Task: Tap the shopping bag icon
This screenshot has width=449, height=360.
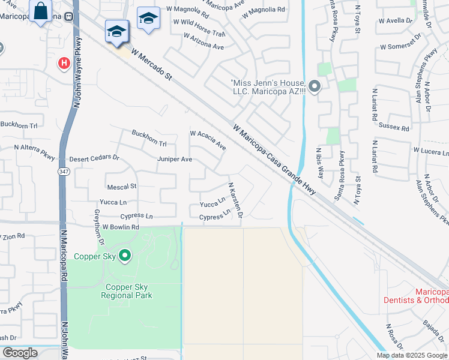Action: (x=40, y=12)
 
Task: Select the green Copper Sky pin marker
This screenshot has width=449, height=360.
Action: (x=125, y=256)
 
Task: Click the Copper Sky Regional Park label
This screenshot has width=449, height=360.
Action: (x=127, y=291)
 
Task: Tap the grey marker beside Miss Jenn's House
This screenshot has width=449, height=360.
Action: (x=316, y=88)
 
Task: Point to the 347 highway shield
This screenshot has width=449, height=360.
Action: (x=64, y=172)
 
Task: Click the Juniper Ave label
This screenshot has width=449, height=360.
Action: (x=175, y=159)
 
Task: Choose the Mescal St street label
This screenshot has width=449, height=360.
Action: (x=122, y=187)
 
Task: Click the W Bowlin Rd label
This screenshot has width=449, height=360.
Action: (x=121, y=227)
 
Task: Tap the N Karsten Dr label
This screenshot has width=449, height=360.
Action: (x=235, y=200)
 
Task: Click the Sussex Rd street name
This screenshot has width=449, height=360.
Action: (x=394, y=127)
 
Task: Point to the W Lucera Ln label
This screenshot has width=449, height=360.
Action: (x=430, y=151)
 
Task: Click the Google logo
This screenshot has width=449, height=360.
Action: (x=20, y=353)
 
